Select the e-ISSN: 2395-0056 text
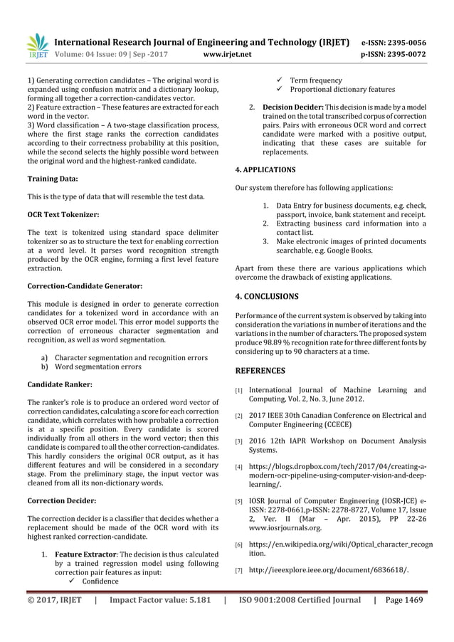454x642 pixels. pyautogui.click(x=395, y=42)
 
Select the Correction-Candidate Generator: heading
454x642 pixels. pyautogui.click(x=85, y=285)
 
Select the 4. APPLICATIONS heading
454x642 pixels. pyautogui.click(x=265, y=170)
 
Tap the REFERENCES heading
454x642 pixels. pyautogui.click(x=260, y=370)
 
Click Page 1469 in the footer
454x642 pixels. pyautogui.click(x=404, y=599)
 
